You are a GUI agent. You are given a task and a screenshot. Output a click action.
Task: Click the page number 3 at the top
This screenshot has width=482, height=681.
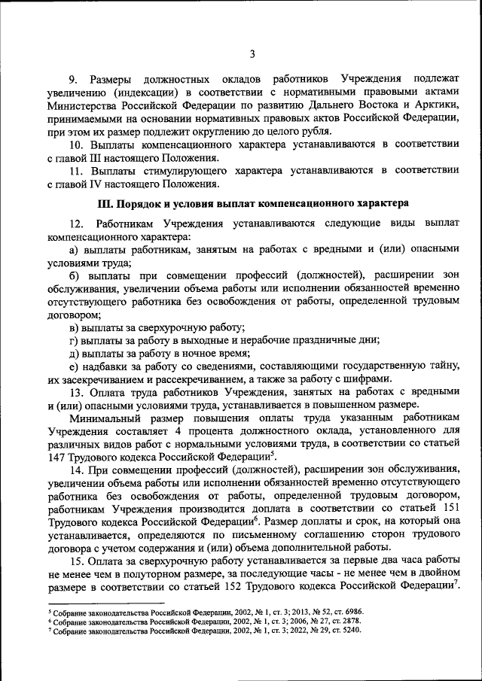[x=252, y=53]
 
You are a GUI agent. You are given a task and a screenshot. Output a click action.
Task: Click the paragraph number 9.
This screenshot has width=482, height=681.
[x=74, y=79]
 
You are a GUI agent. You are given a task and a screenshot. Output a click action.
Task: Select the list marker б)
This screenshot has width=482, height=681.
[x=74, y=276]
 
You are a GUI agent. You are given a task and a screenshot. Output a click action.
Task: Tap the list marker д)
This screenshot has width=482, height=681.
[x=74, y=353]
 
